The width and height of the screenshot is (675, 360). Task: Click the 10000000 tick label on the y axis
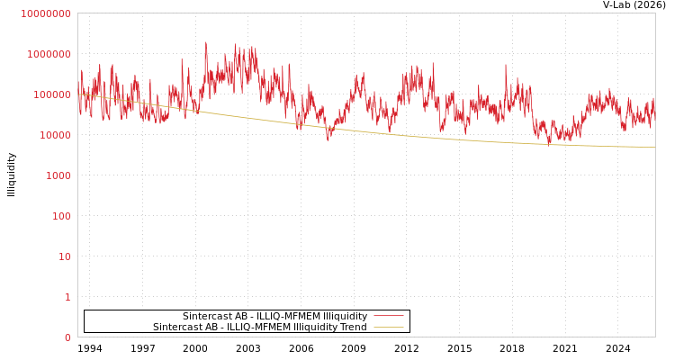[46, 13]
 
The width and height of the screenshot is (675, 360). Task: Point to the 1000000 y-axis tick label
[49, 54]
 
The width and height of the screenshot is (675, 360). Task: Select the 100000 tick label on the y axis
[51, 94]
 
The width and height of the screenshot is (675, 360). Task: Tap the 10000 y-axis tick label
[54, 135]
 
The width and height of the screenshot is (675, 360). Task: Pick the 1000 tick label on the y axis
[58, 175]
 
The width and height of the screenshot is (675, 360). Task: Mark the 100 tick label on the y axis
[60, 216]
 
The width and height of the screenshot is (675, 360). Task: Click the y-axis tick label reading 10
[64, 256]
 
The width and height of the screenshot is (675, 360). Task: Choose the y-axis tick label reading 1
[67, 297]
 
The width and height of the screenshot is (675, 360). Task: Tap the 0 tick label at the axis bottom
[67, 337]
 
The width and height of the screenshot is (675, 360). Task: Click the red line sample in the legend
[388, 316]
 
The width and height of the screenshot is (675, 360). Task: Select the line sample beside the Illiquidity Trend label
[388, 327]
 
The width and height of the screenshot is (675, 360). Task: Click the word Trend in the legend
[352, 327]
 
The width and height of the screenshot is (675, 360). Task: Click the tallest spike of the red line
[205, 41]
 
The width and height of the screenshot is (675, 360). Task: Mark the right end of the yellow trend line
[654, 147]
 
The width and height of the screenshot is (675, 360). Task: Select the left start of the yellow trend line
[79, 94]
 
